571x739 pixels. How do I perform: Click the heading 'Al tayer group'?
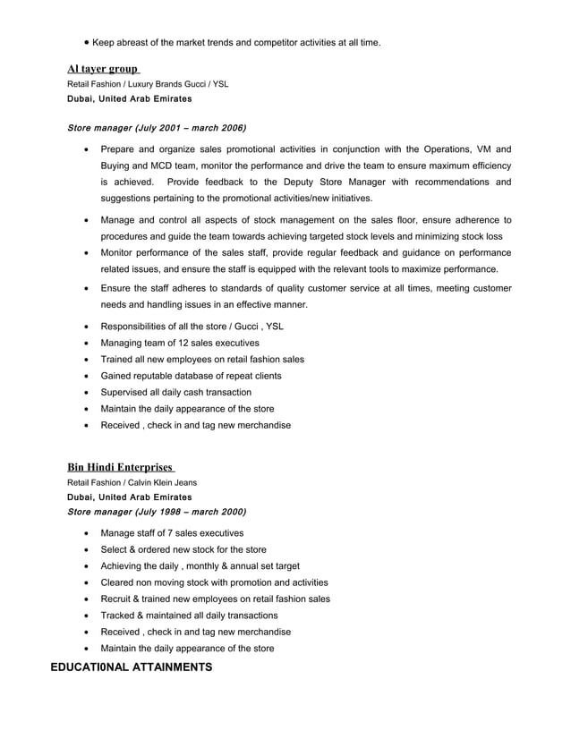[103, 69]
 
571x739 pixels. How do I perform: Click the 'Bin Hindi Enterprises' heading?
[120, 467]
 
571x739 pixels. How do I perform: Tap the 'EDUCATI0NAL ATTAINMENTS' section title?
[131, 667]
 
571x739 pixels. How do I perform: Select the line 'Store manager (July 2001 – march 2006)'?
[157, 128]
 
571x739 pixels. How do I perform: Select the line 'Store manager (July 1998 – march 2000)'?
[157, 512]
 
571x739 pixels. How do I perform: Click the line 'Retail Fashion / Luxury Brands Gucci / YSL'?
[148, 84]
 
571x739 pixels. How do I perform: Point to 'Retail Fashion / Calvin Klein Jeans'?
[132, 482]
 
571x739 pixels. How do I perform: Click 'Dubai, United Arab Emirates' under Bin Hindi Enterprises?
[129, 497]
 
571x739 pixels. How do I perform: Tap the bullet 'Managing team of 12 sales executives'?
[180, 343]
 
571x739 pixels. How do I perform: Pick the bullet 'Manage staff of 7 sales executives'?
[172, 533]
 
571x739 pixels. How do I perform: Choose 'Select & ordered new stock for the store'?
[183, 549]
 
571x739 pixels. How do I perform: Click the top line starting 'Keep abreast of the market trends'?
[236, 42]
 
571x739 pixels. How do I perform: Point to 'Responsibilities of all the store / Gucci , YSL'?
[192, 327]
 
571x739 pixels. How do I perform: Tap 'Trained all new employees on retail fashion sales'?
[202, 359]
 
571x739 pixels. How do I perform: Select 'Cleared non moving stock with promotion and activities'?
[214, 582]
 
